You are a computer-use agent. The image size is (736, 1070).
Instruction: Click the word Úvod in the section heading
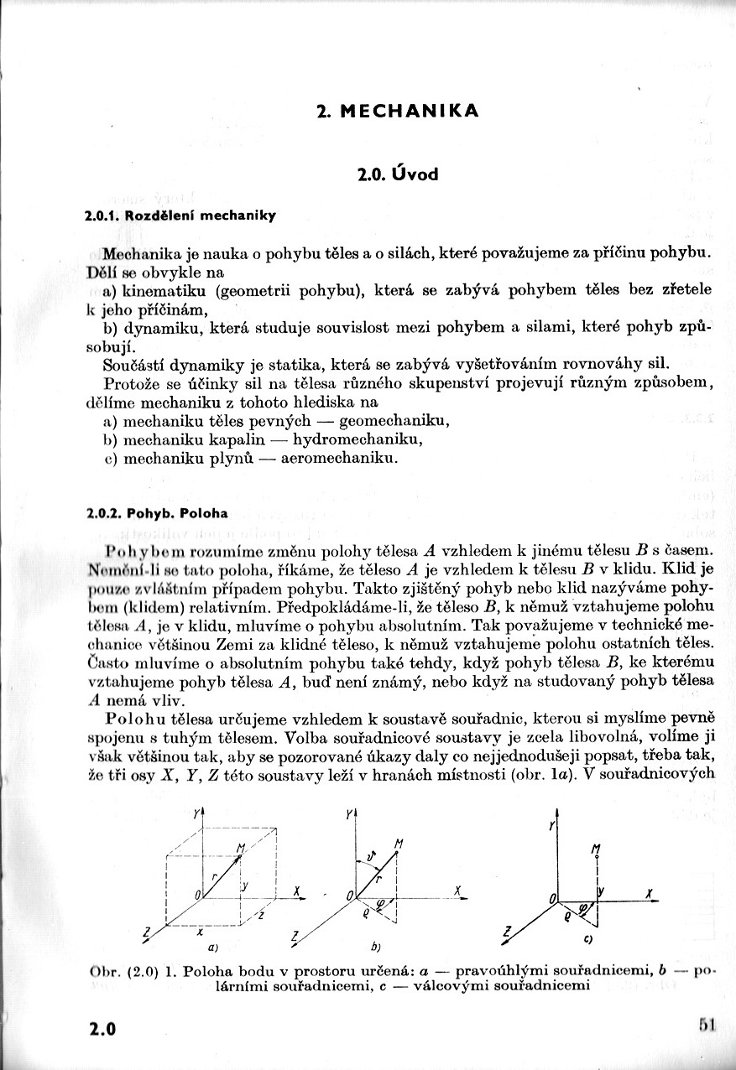tap(411, 175)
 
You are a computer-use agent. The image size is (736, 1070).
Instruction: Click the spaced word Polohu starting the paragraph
tap(138, 719)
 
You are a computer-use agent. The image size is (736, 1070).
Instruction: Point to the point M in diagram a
tap(241, 849)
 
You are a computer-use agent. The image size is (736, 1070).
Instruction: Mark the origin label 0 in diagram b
tap(348, 896)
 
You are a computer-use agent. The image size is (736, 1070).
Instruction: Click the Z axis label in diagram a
tap(148, 932)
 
